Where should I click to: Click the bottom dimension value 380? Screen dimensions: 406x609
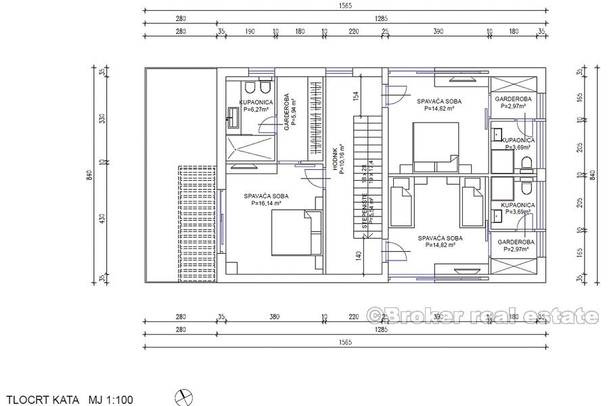tap(275, 316)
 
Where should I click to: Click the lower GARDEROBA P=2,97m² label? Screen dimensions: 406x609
tap(516, 246)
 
